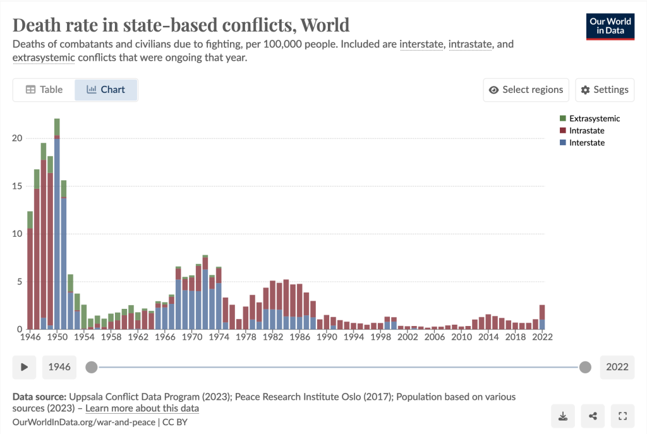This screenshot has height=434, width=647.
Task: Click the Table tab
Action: [44, 90]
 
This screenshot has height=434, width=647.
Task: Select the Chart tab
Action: [106, 90]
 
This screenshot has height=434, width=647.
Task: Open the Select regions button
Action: [526, 90]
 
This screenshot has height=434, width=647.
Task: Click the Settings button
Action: [605, 90]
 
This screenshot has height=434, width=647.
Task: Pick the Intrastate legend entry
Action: [586, 131]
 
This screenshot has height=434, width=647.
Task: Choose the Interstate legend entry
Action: [586, 143]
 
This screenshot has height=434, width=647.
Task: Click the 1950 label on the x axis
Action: [57, 337]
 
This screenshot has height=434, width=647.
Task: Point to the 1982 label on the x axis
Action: [273, 337]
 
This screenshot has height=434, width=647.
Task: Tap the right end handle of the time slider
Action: [585, 367]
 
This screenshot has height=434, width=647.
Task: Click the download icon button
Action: [562, 416]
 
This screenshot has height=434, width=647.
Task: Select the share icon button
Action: [593, 416]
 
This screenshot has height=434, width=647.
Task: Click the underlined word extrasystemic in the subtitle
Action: [44, 57]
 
